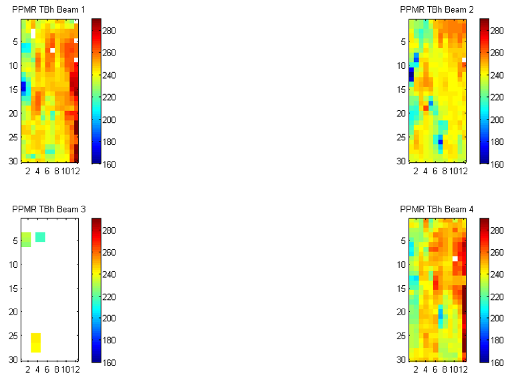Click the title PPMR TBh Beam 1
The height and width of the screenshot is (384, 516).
[x=48, y=9]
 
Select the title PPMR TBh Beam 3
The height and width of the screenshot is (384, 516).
[x=48, y=209]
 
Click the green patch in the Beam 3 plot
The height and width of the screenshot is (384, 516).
[x=26, y=240]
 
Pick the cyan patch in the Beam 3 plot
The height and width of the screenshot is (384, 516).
[x=40, y=237]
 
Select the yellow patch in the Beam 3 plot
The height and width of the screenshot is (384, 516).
[x=35, y=343]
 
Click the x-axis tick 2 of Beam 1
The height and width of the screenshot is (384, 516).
[x=28, y=171]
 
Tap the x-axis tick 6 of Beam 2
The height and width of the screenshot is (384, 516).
[x=435, y=171]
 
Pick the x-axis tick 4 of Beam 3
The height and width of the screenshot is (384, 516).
[x=37, y=370]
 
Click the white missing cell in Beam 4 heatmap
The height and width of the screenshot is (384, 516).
[x=455, y=258]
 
